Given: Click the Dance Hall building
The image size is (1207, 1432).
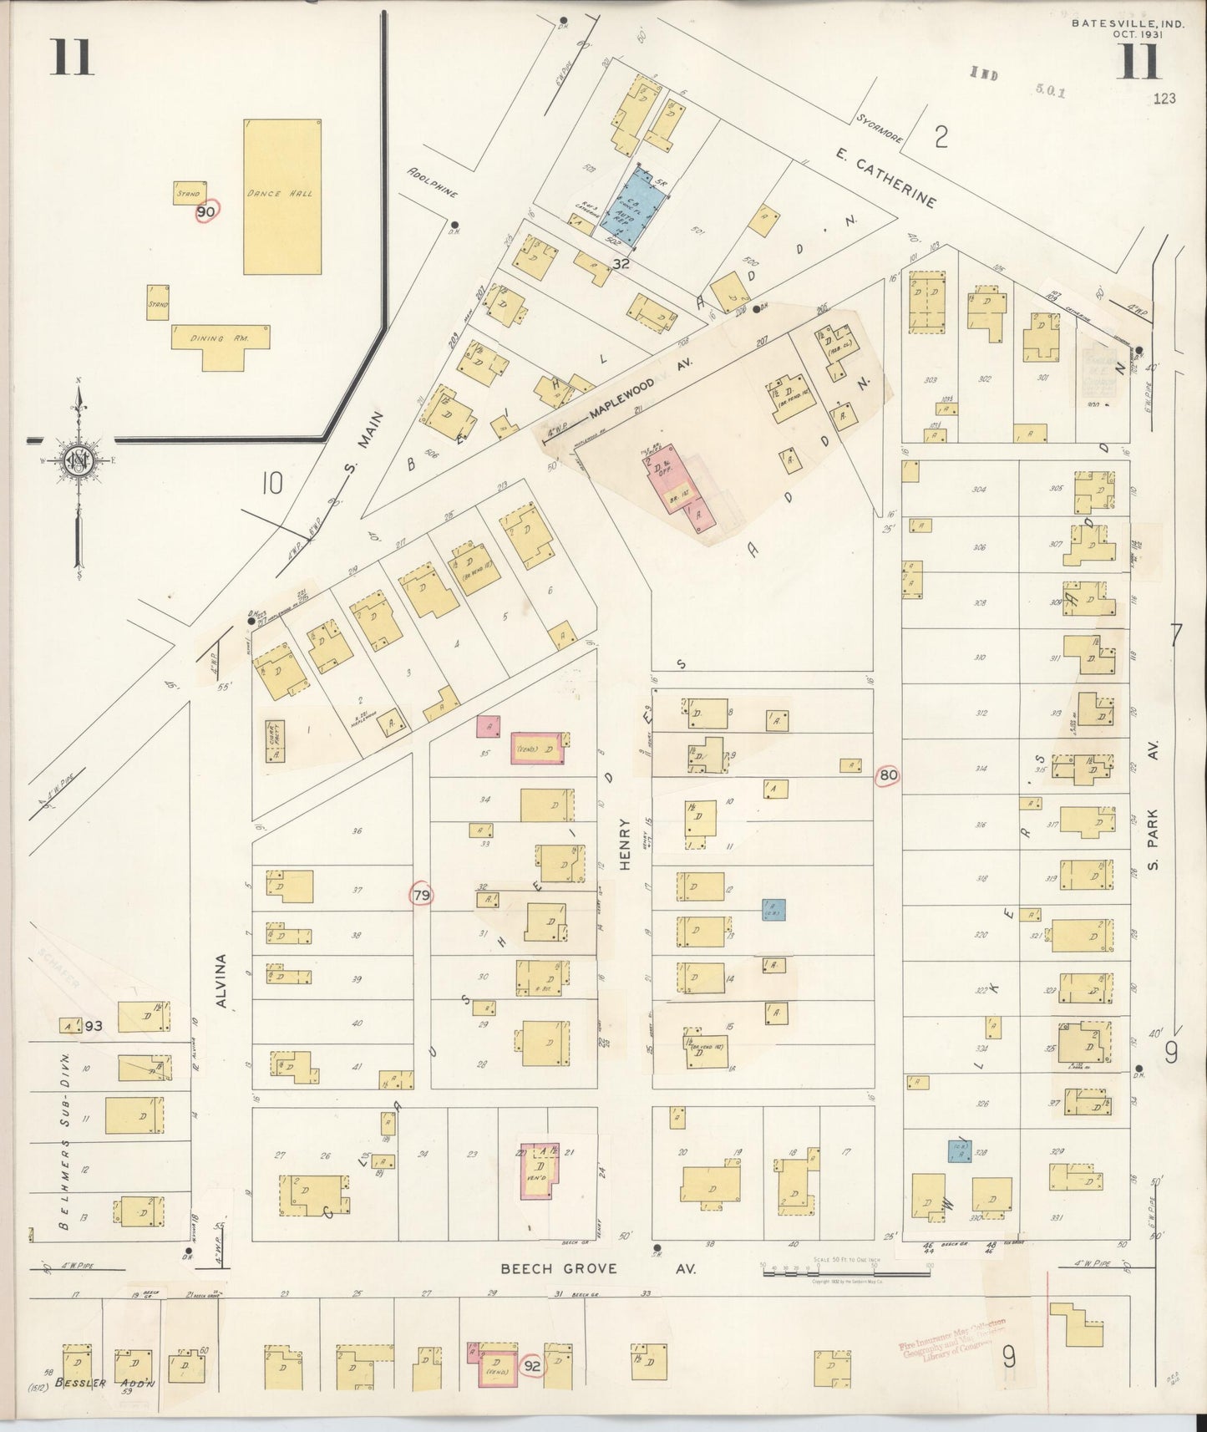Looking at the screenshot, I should coord(282,196).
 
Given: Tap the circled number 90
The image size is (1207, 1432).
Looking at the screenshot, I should coord(205,213).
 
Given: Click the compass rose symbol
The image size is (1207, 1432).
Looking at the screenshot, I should coord(80,460).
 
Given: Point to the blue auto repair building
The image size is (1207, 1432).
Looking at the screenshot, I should coord(638,206).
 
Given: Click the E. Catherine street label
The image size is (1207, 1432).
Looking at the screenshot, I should coord(886,178).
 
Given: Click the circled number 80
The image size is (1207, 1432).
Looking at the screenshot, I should coord(888,775).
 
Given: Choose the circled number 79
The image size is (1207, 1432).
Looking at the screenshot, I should coord(422,896).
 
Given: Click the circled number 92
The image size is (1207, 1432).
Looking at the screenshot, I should coord(531,1367).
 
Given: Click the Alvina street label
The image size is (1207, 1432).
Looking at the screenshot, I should coord(222,983).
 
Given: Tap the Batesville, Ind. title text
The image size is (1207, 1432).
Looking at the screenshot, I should coord(1127,24).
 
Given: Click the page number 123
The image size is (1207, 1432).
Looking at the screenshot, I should coord(1163,99).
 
